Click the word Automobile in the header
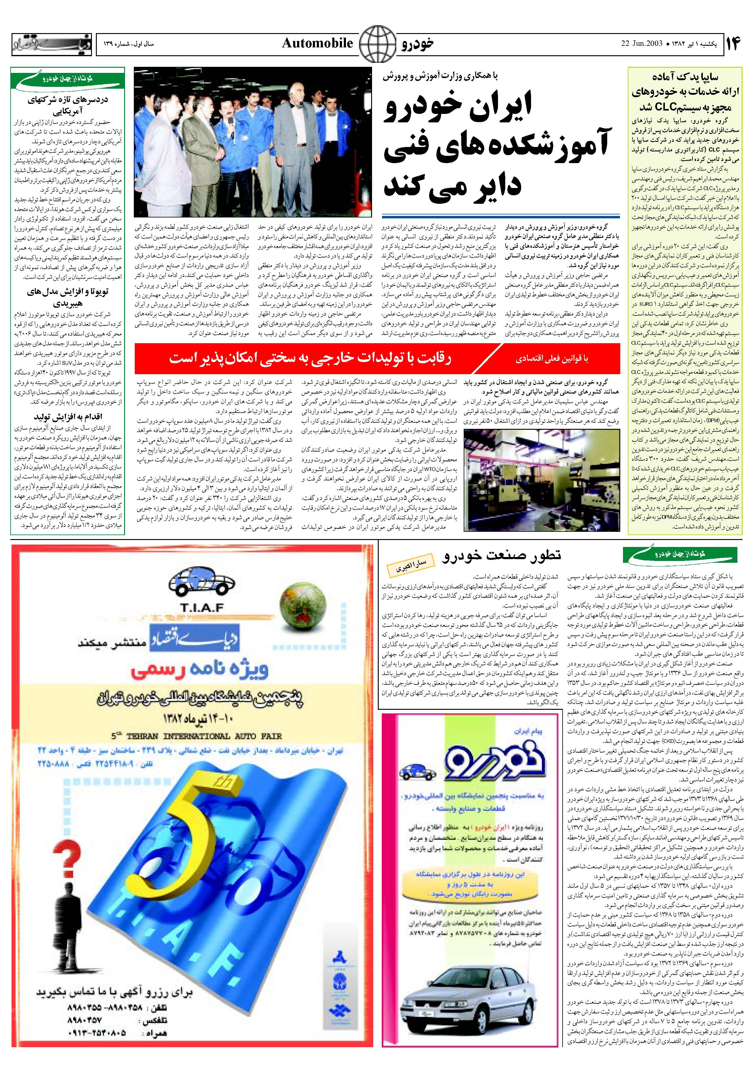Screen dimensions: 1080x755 pyautogui.click(x=317, y=44)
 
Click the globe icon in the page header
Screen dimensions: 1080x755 pyautogui.click(x=377, y=44)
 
